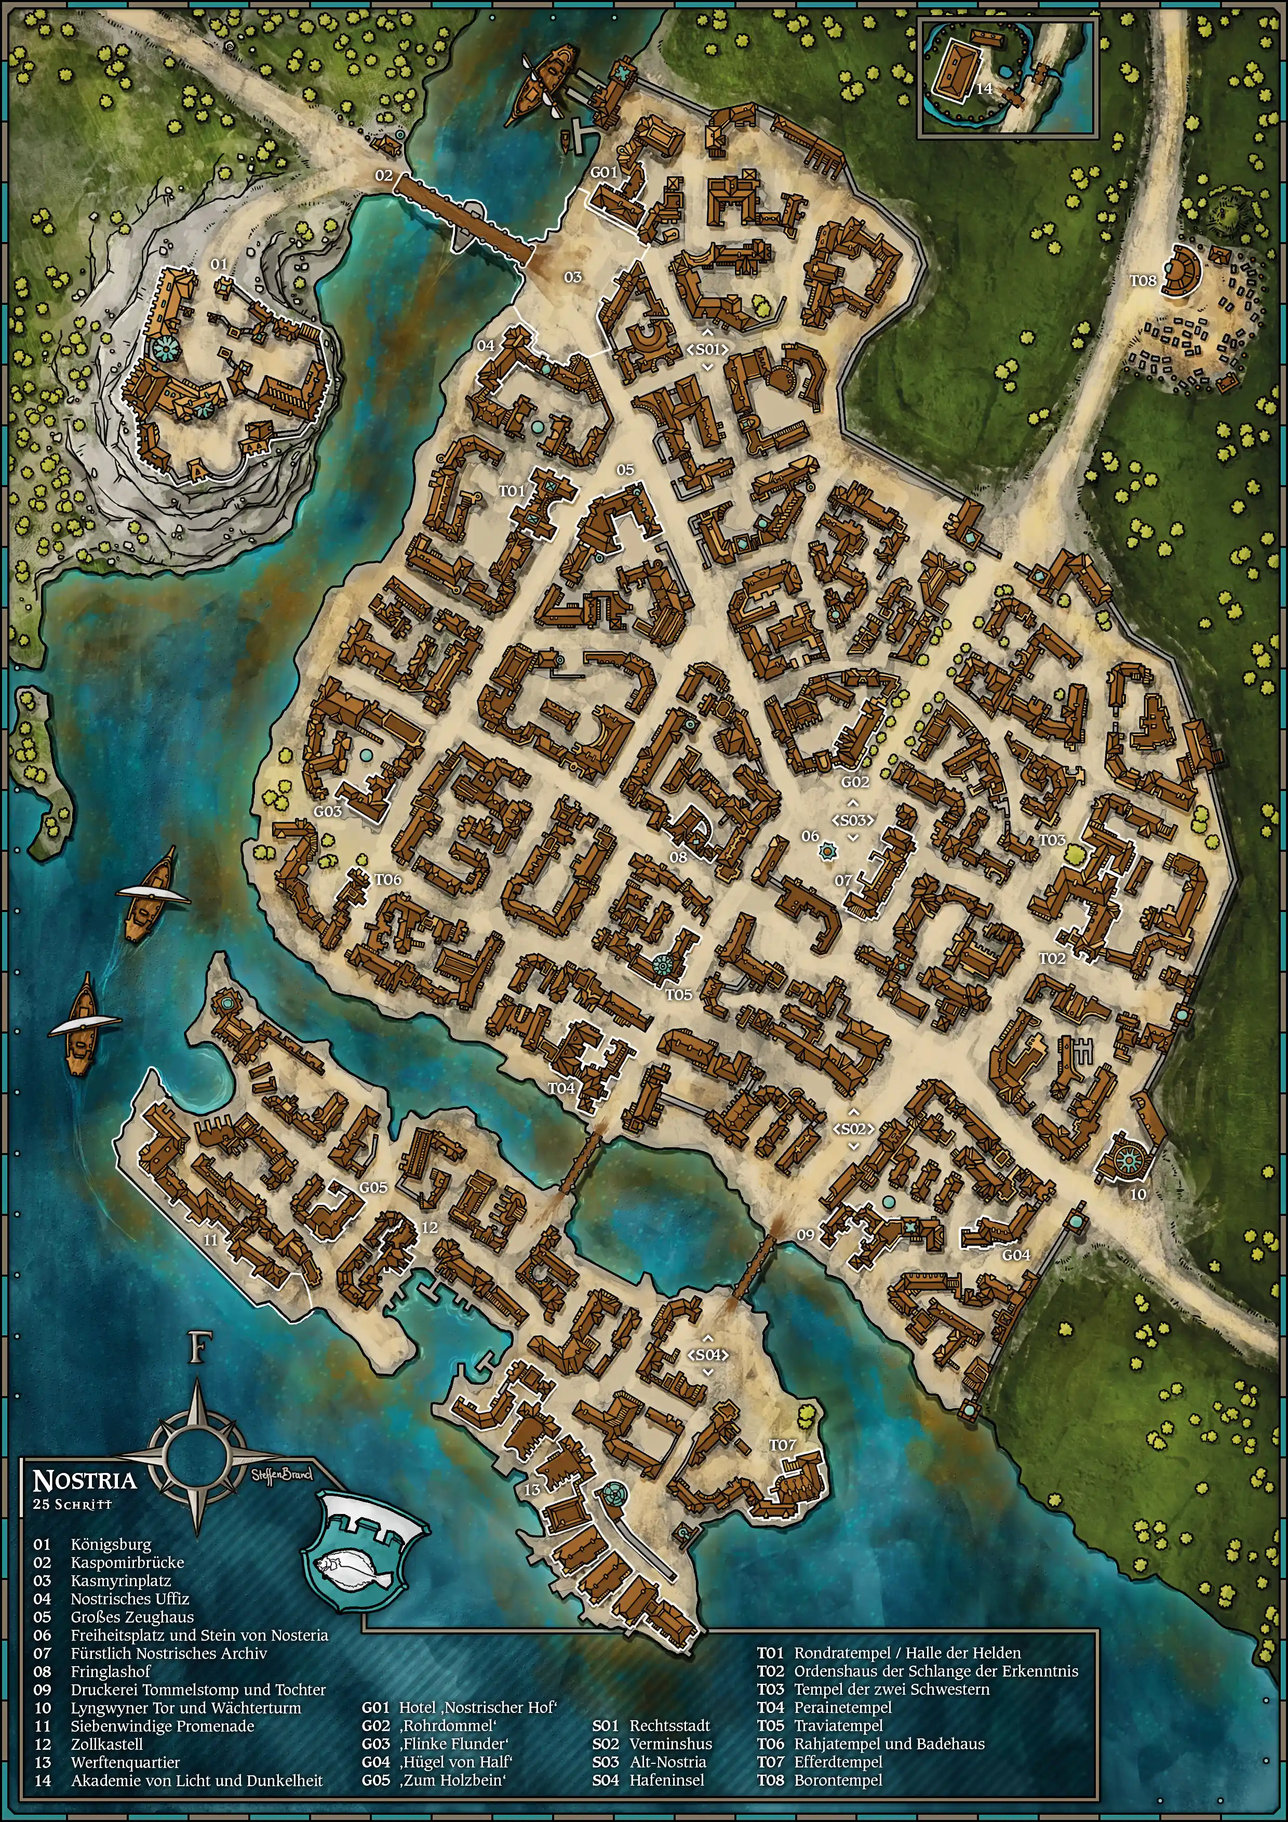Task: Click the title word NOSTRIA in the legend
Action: [x=84, y=1480]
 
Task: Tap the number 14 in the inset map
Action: [x=984, y=88]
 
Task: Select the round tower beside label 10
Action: [x=1128, y=1161]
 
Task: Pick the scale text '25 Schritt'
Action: [x=72, y=1504]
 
